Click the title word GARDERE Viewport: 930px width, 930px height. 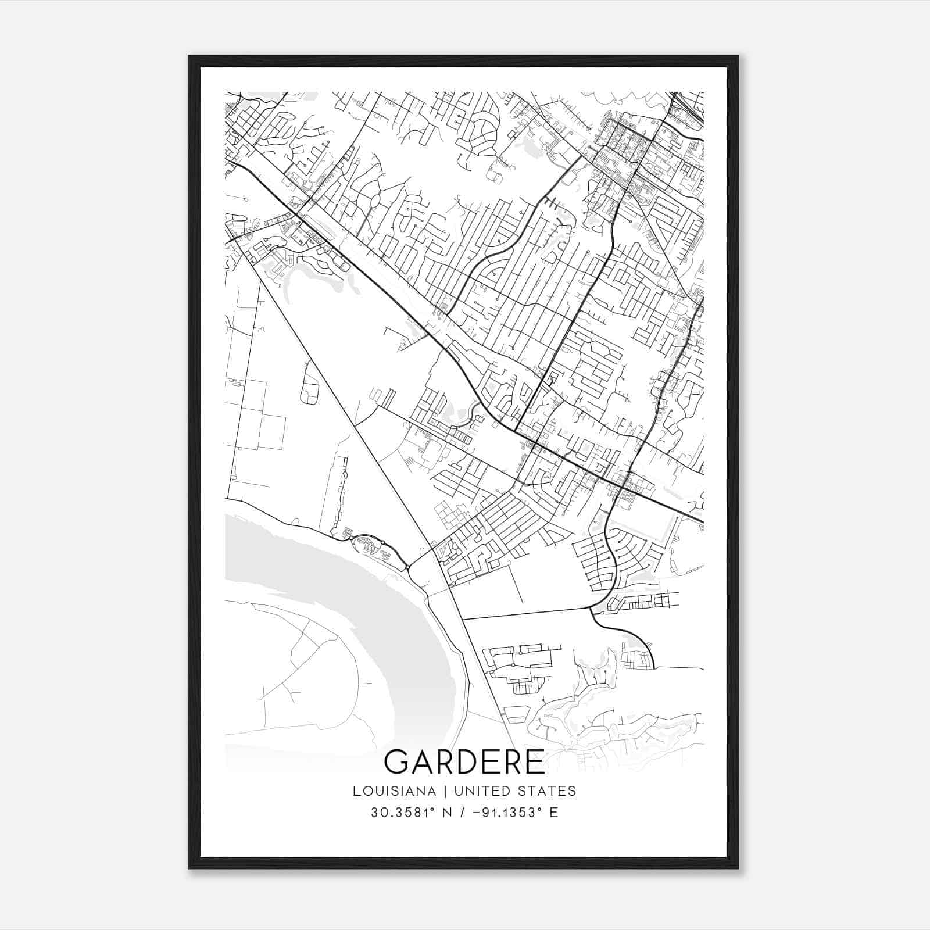464,762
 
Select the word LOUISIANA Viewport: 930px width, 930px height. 394,791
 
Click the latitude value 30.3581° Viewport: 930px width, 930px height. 399,813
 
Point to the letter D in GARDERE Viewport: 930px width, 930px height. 465,762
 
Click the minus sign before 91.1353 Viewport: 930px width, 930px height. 477,813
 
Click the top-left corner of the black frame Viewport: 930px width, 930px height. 190,57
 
